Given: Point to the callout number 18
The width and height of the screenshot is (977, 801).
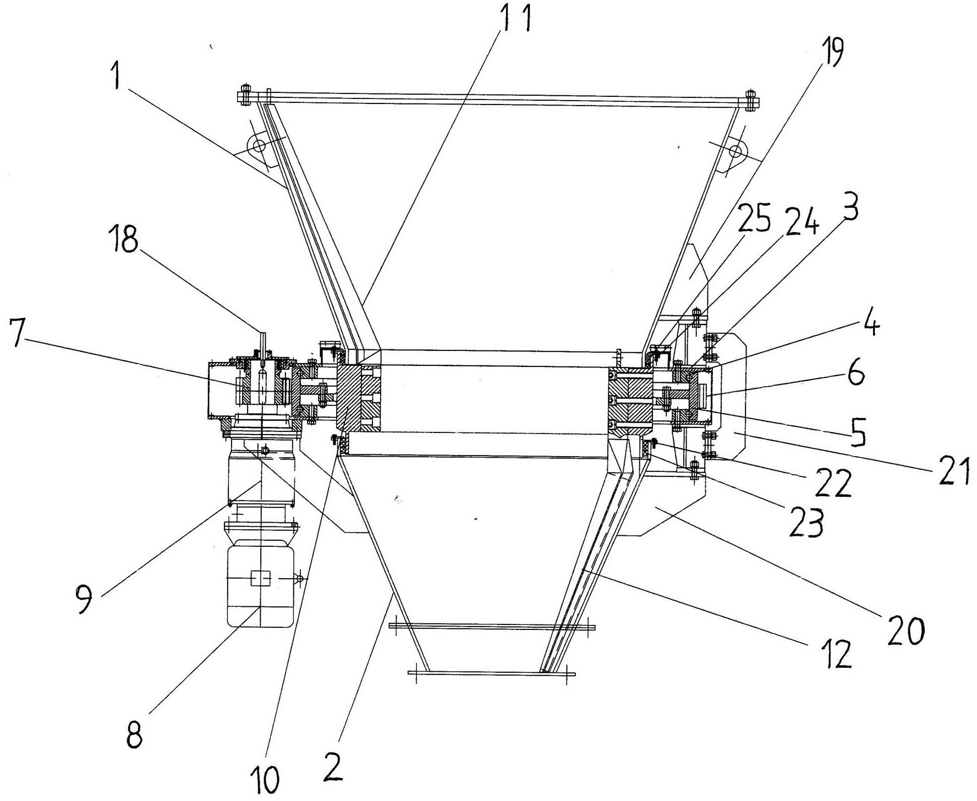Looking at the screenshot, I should click(x=125, y=241).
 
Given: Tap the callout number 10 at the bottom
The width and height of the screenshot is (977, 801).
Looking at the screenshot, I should click(x=268, y=777).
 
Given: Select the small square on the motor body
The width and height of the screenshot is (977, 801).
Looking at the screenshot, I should click(x=259, y=579).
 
